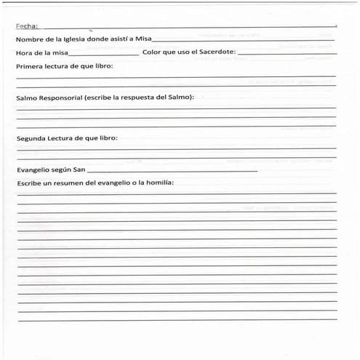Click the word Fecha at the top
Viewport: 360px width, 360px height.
click(x=26, y=26)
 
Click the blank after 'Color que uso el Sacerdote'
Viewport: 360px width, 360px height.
click(x=287, y=54)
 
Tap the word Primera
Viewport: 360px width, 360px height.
click(x=31, y=66)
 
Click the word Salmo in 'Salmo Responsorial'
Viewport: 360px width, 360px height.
click(x=28, y=97)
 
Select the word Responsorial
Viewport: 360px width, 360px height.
click(x=61, y=97)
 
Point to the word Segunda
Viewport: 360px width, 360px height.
click(x=32, y=137)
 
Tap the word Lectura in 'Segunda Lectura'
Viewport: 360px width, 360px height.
click(x=64, y=137)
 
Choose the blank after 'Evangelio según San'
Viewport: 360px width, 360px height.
click(x=172, y=171)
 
